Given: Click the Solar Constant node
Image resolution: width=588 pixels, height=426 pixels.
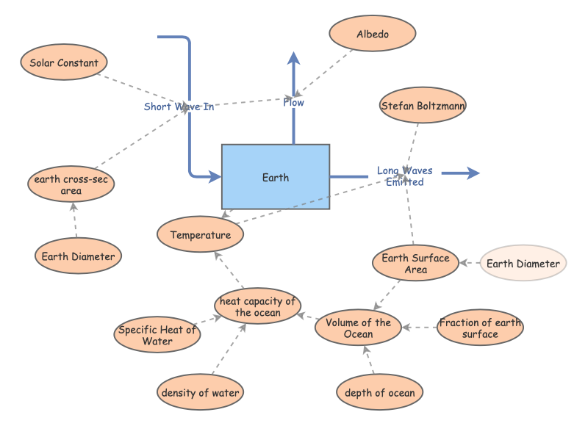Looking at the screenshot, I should pos(64,63).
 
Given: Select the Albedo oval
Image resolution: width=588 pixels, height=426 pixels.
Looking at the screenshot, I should pos(373,35).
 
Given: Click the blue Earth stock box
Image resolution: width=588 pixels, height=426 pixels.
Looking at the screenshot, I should pos(276,177).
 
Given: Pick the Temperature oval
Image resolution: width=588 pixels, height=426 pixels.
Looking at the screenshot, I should pos(201,235).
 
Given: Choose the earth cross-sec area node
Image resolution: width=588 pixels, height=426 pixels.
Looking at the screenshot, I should pos(71,185).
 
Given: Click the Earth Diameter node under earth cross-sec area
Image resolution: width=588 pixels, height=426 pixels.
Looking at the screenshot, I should pos(78,256).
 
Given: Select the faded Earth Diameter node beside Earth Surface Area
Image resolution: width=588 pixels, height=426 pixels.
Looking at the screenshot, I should pos(523,264).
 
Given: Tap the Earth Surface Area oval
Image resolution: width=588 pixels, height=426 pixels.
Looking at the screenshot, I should pos(415,264).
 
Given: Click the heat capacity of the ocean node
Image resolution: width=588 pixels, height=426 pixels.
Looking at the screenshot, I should pos(257,306).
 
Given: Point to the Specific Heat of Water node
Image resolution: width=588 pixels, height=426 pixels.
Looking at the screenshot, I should pos(158,335).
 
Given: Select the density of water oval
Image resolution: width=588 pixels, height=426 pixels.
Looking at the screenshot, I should pos(200,392).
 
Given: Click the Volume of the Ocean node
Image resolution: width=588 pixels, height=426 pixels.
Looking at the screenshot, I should pos(358,328).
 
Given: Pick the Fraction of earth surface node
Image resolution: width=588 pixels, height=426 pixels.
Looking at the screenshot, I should pos(480,328).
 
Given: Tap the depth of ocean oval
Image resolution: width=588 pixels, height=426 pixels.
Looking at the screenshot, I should pos(379,392).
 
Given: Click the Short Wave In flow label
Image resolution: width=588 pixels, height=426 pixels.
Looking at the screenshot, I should pos(179,106).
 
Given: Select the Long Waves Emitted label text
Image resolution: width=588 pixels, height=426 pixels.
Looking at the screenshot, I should pos(405,176).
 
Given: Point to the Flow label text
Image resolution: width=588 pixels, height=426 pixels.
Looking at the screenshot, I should pos(293,103).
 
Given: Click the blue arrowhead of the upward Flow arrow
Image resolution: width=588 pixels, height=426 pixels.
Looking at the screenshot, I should pos(293,59).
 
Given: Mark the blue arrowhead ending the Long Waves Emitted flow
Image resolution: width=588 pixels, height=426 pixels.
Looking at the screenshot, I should pos(472,173).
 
